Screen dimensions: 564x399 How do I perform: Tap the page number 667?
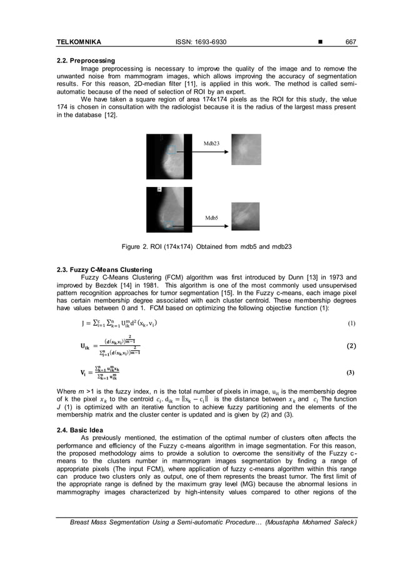tap(351, 42)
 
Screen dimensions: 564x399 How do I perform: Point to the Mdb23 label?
tap(211, 143)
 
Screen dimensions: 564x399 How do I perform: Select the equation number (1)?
tap(351, 324)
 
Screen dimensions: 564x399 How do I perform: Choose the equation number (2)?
tap(351, 346)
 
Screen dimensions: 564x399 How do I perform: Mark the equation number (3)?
tap(351, 373)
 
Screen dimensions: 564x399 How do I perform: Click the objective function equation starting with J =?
tap(119, 324)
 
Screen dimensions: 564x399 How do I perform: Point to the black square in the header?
tap(320, 42)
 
